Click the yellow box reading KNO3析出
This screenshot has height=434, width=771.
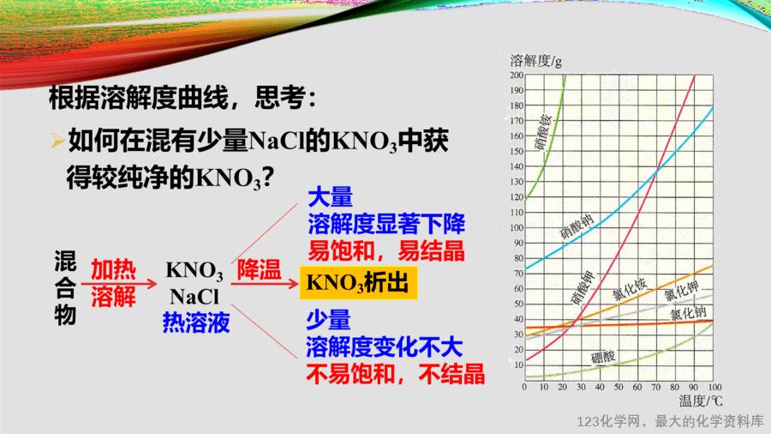coord(358,283)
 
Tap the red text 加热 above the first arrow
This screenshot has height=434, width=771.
coord(114,269)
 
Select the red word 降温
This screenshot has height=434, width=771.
coord(259,269)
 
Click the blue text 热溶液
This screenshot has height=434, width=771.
coord(196,322)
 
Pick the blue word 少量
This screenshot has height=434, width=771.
coord(328,320)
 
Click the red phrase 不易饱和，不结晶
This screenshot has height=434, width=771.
coord(395,374)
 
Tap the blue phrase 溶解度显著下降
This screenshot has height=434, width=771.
coord(386,225)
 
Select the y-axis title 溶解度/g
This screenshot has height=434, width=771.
coord(536,61)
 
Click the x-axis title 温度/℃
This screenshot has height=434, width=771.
coord(701,401)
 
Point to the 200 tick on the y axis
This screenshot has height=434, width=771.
coord(517,75)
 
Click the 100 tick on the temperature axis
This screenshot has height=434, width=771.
coord(715,387)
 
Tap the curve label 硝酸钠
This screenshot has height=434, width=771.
coord(577,226)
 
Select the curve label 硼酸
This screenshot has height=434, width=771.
coord(603,357)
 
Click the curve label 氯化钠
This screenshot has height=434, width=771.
coord(689,313)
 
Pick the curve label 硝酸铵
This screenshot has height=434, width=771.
coord(543,132)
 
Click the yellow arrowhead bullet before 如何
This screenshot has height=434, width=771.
coord(57,141)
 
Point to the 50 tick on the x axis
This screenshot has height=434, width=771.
coord(619,387)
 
